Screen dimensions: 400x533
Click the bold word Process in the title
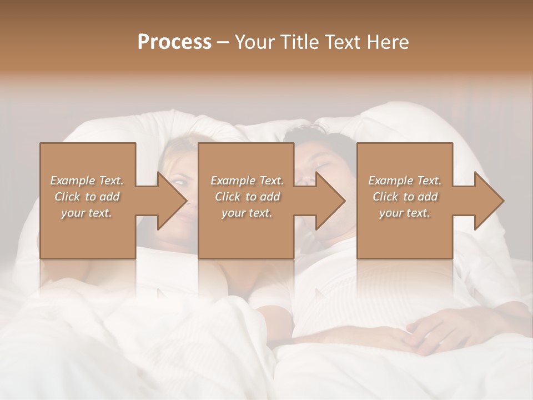click(x=174, y=42)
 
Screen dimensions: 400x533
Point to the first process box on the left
click(x=88, y=233)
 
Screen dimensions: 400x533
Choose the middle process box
click(x=246, y=233)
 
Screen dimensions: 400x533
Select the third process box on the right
click(x=405, y=233)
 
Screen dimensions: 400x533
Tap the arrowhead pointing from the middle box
click(x=330, y=201)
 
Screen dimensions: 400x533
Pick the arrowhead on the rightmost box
click(x=489, y=201)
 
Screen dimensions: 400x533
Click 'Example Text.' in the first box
click(x=87, y=180)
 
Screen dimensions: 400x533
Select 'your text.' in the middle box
click(x=247, y=213)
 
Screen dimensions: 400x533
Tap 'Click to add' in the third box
click(x=405, y=197)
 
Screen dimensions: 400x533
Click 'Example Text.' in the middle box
click(x=247, y=180)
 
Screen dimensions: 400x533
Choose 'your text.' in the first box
click(x=87, y=213)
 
